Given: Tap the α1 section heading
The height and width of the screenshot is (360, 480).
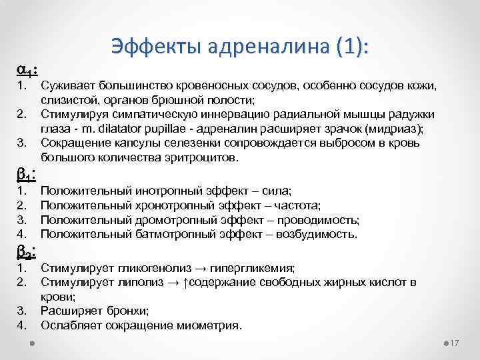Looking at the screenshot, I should pos(26,69).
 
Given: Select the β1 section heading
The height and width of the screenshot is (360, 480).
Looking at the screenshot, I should pos(26,174).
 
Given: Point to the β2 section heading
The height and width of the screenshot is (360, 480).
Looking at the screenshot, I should pos(26,252).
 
